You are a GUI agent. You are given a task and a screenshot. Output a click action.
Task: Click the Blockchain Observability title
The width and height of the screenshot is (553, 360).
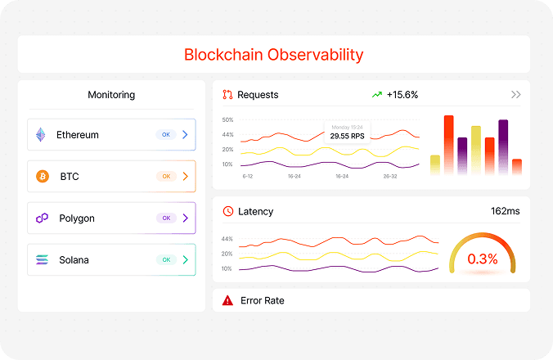pos(273,55)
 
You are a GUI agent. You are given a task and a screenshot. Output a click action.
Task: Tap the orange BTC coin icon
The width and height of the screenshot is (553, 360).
pos(43,176)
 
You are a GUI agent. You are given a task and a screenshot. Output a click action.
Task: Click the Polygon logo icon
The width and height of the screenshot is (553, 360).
pos(42,218)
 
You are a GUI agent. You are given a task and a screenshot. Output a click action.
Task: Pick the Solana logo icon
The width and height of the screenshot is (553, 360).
pos(42,260)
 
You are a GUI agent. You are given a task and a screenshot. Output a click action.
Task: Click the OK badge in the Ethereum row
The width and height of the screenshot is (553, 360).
pos(166,134)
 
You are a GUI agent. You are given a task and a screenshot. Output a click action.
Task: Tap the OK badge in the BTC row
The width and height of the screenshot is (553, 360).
pos(166,176)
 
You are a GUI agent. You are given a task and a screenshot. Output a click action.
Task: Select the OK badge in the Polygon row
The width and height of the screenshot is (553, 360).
pos(166,218)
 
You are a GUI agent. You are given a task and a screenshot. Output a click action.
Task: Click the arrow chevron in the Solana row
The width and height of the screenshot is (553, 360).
pos(186,260)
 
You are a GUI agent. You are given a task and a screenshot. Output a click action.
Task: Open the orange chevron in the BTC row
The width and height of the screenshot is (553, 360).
pos(186,176)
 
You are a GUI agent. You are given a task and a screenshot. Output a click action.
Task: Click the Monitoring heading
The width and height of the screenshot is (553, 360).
pos(111,95)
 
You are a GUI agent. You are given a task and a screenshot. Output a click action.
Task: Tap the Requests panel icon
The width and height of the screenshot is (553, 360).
pos(227,95)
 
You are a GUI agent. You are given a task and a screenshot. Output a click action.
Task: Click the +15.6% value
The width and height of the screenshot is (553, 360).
pos(402,95)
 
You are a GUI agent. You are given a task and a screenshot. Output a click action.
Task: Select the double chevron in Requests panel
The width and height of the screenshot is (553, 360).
pos(515,95)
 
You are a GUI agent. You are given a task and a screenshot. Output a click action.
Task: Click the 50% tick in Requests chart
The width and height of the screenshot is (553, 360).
pos(227,120)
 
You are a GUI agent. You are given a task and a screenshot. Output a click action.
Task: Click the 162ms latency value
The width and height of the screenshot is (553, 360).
pos(506,211)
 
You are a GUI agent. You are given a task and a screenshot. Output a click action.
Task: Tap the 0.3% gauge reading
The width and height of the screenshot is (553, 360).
pos(483,259)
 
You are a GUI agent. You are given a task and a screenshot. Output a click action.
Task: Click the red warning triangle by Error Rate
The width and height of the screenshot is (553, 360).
pos(227,301)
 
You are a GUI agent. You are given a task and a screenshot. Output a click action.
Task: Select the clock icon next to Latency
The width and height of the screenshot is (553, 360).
pos(227,211)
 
